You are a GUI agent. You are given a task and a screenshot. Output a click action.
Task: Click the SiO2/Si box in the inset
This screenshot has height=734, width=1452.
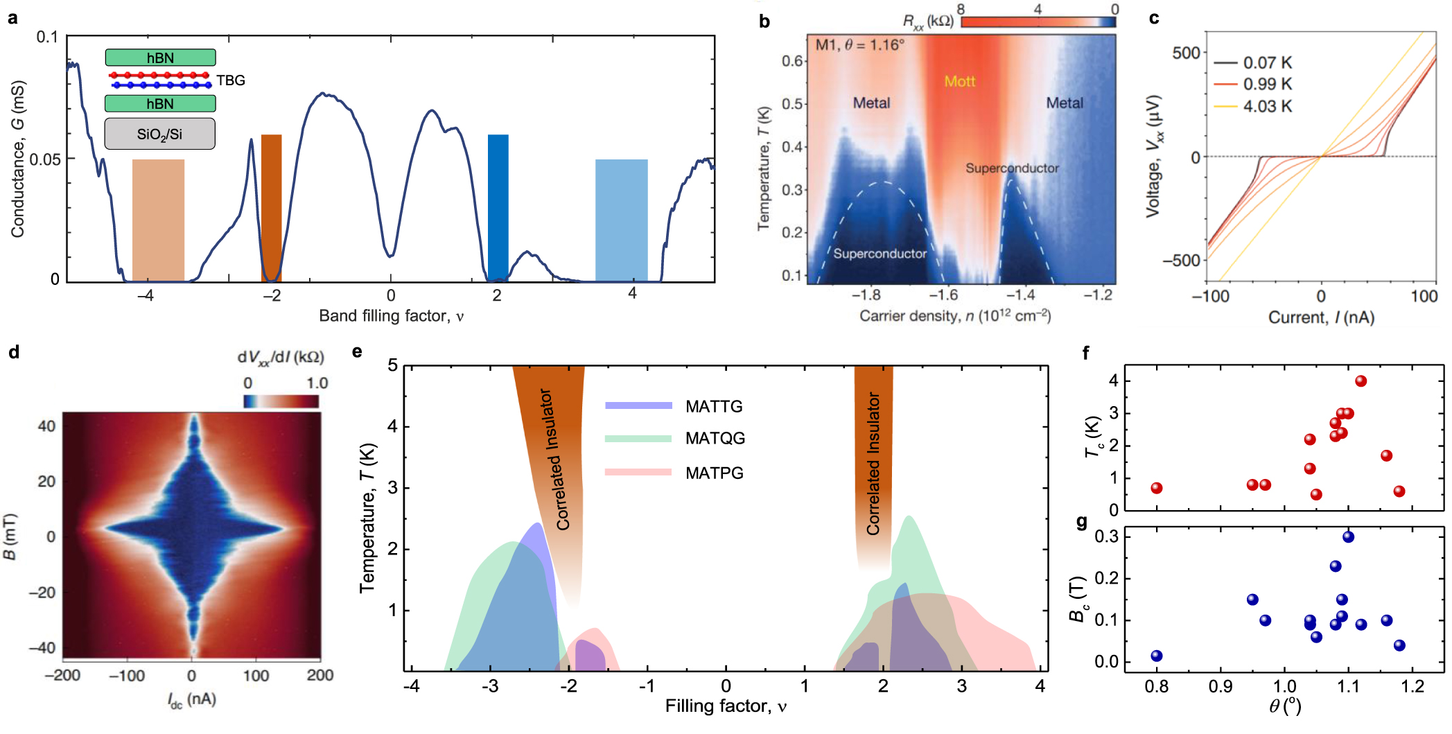coord(159,134)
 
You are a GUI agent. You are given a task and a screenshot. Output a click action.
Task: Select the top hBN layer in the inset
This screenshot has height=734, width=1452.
coord(160,58)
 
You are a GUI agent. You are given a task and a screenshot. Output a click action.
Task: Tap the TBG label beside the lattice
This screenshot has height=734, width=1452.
coord(231,80)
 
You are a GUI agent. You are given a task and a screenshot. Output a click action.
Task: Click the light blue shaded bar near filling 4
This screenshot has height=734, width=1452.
coord(621,220)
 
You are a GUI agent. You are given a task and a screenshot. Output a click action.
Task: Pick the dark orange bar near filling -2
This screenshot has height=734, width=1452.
coord(271,208)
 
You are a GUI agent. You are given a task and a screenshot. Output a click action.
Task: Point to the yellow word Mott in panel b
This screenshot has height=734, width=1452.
coord(959,81)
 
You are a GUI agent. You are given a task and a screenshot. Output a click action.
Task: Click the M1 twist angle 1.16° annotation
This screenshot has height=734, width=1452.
coord(859,45)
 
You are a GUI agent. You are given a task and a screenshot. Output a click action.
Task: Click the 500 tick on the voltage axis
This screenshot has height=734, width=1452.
coord(1186,53)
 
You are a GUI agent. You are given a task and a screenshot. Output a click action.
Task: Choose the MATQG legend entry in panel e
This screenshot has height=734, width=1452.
coord(715,438)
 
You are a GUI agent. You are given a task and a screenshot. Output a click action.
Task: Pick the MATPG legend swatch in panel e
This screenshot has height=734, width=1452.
coord(638,472)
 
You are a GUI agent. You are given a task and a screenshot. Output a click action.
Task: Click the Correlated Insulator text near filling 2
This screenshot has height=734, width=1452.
coord(873,464)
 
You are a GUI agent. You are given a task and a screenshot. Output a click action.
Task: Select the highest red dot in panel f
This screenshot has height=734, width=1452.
coord(1361,381)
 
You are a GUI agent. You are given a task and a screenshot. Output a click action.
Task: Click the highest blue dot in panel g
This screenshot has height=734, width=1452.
coord(1348,536)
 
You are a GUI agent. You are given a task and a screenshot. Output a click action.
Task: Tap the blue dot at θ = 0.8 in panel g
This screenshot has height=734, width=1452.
coord(1156,656)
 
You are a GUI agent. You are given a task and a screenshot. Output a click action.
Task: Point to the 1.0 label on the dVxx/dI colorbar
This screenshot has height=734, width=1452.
coord(317,383)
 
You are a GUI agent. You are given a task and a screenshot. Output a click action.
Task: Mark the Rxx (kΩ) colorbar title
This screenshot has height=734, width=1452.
coord(927,21)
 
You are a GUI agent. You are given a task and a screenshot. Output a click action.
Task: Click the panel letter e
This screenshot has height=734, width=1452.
coord(357,351)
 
